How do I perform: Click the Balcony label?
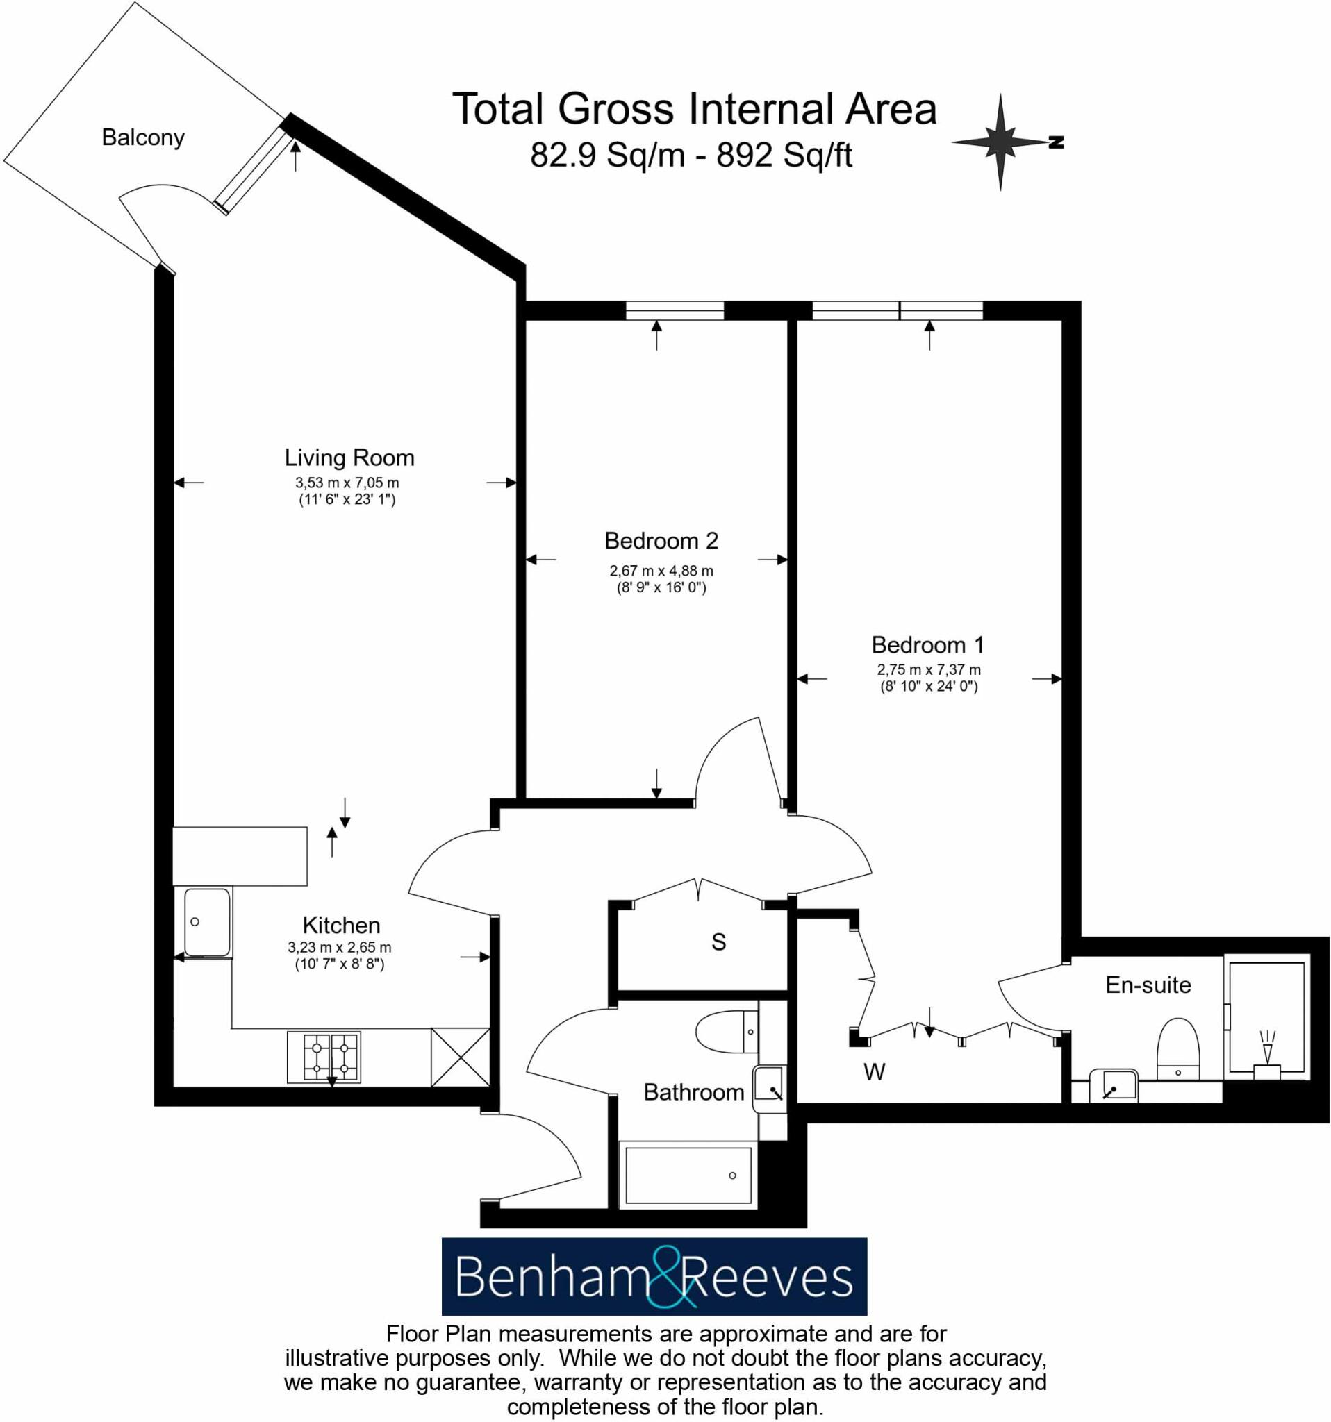point(143,137)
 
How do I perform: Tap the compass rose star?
point(1000,142)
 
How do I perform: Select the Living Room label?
point(349,458)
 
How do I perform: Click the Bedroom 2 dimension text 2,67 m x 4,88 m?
point(661,571)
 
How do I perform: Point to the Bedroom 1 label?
point(927,645)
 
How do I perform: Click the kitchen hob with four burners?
point(324,1057)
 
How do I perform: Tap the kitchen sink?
point(207,923)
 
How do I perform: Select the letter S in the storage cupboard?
point(718,943)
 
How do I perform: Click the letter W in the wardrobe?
point(874,1072)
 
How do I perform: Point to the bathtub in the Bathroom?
point(688,1176)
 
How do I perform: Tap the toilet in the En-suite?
point(1177,1049)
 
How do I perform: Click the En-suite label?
point(1148,986)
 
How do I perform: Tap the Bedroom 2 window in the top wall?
point(674,310)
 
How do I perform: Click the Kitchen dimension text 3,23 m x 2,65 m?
point(339,948)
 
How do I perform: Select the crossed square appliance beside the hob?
point(460,1057)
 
